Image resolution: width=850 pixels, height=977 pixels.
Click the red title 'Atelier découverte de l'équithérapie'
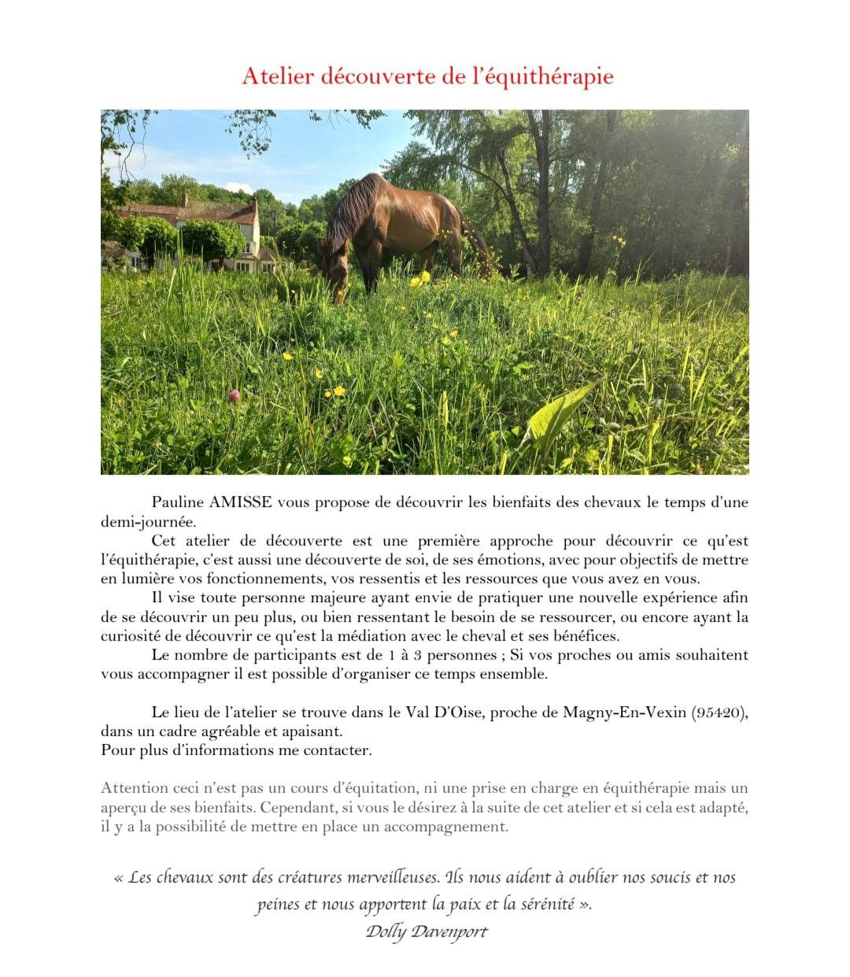(x=427, y=76)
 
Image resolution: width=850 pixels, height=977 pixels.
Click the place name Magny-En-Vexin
(x=624, y=712)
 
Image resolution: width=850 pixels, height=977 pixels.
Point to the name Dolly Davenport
(x=427, y=932)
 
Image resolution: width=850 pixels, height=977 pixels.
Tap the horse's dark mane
(x=350, y=205)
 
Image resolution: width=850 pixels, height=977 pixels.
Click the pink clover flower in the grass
(x=234, y=395)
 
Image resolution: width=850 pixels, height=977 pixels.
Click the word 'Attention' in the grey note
(x=135, y=788)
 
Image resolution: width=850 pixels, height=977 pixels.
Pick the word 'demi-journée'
(x=148, y=522)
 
